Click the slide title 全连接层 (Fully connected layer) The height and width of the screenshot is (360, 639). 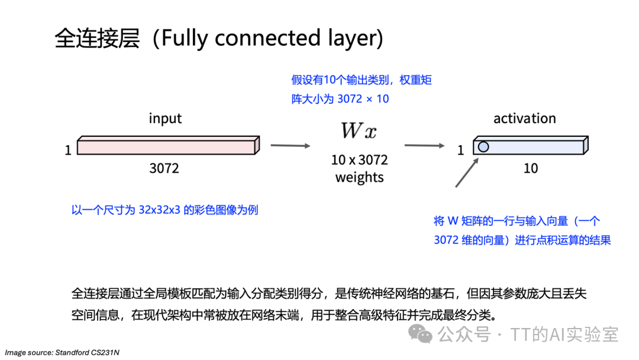(219, 38)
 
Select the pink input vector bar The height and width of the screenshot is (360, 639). (168, 146)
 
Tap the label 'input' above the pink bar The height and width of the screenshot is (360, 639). (165, 118)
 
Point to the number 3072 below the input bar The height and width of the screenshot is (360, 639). (164, 169)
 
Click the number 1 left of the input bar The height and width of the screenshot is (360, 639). (68, 151)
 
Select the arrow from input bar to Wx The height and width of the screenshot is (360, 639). (291, 145)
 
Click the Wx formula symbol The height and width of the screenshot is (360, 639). (359, 130)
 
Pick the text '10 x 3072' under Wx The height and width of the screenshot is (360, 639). (359, 160)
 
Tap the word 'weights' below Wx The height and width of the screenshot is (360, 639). (359, 177)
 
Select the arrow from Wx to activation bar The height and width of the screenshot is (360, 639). (424, 145)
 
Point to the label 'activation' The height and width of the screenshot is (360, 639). (525, 118)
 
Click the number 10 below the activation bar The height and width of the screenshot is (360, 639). (531, 169)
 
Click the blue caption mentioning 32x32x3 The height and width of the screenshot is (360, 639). (164, 210)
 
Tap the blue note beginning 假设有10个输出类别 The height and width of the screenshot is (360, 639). (361, 89)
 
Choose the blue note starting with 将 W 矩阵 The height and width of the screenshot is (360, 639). (522, 230)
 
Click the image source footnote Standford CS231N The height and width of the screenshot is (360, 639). (62, 353)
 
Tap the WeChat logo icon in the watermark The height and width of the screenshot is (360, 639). (422, 335)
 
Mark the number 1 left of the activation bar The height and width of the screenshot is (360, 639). (461, 151)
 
